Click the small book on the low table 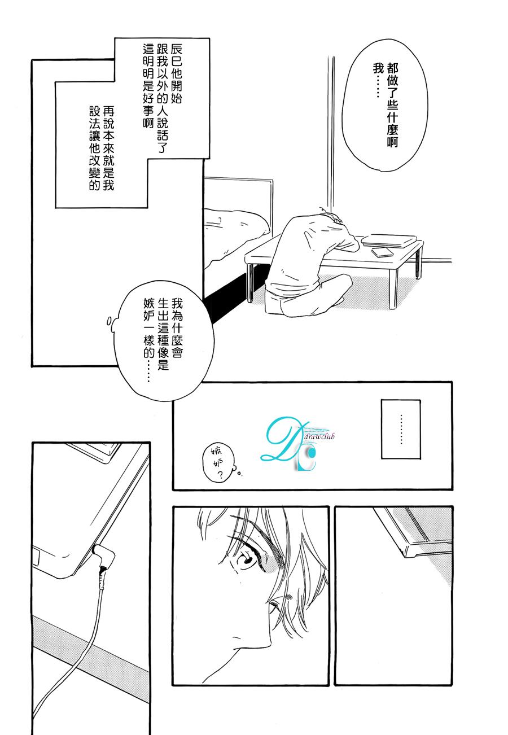coord(382,252)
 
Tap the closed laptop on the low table coord(389,240)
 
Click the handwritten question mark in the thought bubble coord(220,474)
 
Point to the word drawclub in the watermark coord(319,436)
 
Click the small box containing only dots coord(400,429)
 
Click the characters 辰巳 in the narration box coord(176,56)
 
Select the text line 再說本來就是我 coord(108,148)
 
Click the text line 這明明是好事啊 coord(148,86)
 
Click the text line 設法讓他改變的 coord(95,148)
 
